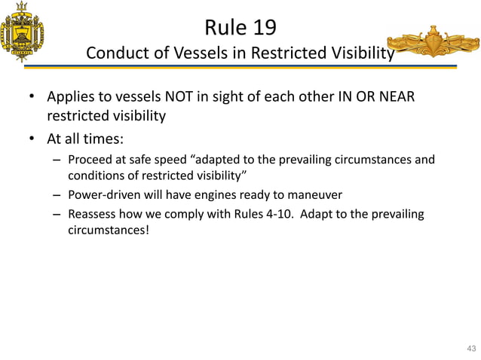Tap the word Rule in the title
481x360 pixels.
click(223, 28)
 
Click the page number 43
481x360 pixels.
click(471, 348)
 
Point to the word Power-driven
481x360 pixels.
click(103, 195)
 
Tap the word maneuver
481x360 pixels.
click(315, 195)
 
